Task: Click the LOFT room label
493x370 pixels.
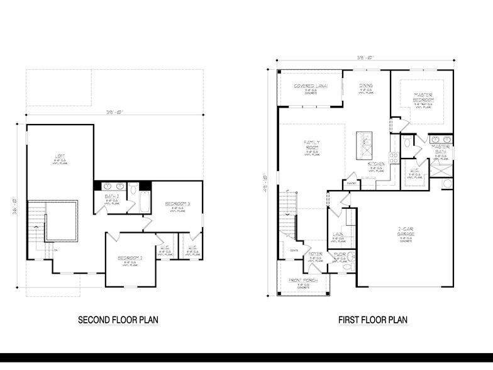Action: click(x=60, y=157)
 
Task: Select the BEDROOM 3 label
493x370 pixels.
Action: click(x=177, y=204)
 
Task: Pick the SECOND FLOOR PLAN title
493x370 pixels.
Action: click(x=118, y=320)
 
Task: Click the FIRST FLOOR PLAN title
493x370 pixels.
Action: click(x=372, y=320)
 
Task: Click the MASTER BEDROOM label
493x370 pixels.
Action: click(x=423, y=98)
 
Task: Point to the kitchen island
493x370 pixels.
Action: click(x=363, y=146)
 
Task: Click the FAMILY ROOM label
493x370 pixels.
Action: click(x=312, y=145)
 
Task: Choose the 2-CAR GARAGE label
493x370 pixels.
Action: click(x=406, y=232)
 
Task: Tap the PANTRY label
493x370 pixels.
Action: click(x=351, y=184)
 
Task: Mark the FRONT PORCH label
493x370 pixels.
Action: click(x=303, y=279)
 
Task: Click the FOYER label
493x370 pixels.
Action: click(x=315, y=254)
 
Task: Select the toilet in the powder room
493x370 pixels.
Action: click(x=352, y=258)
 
